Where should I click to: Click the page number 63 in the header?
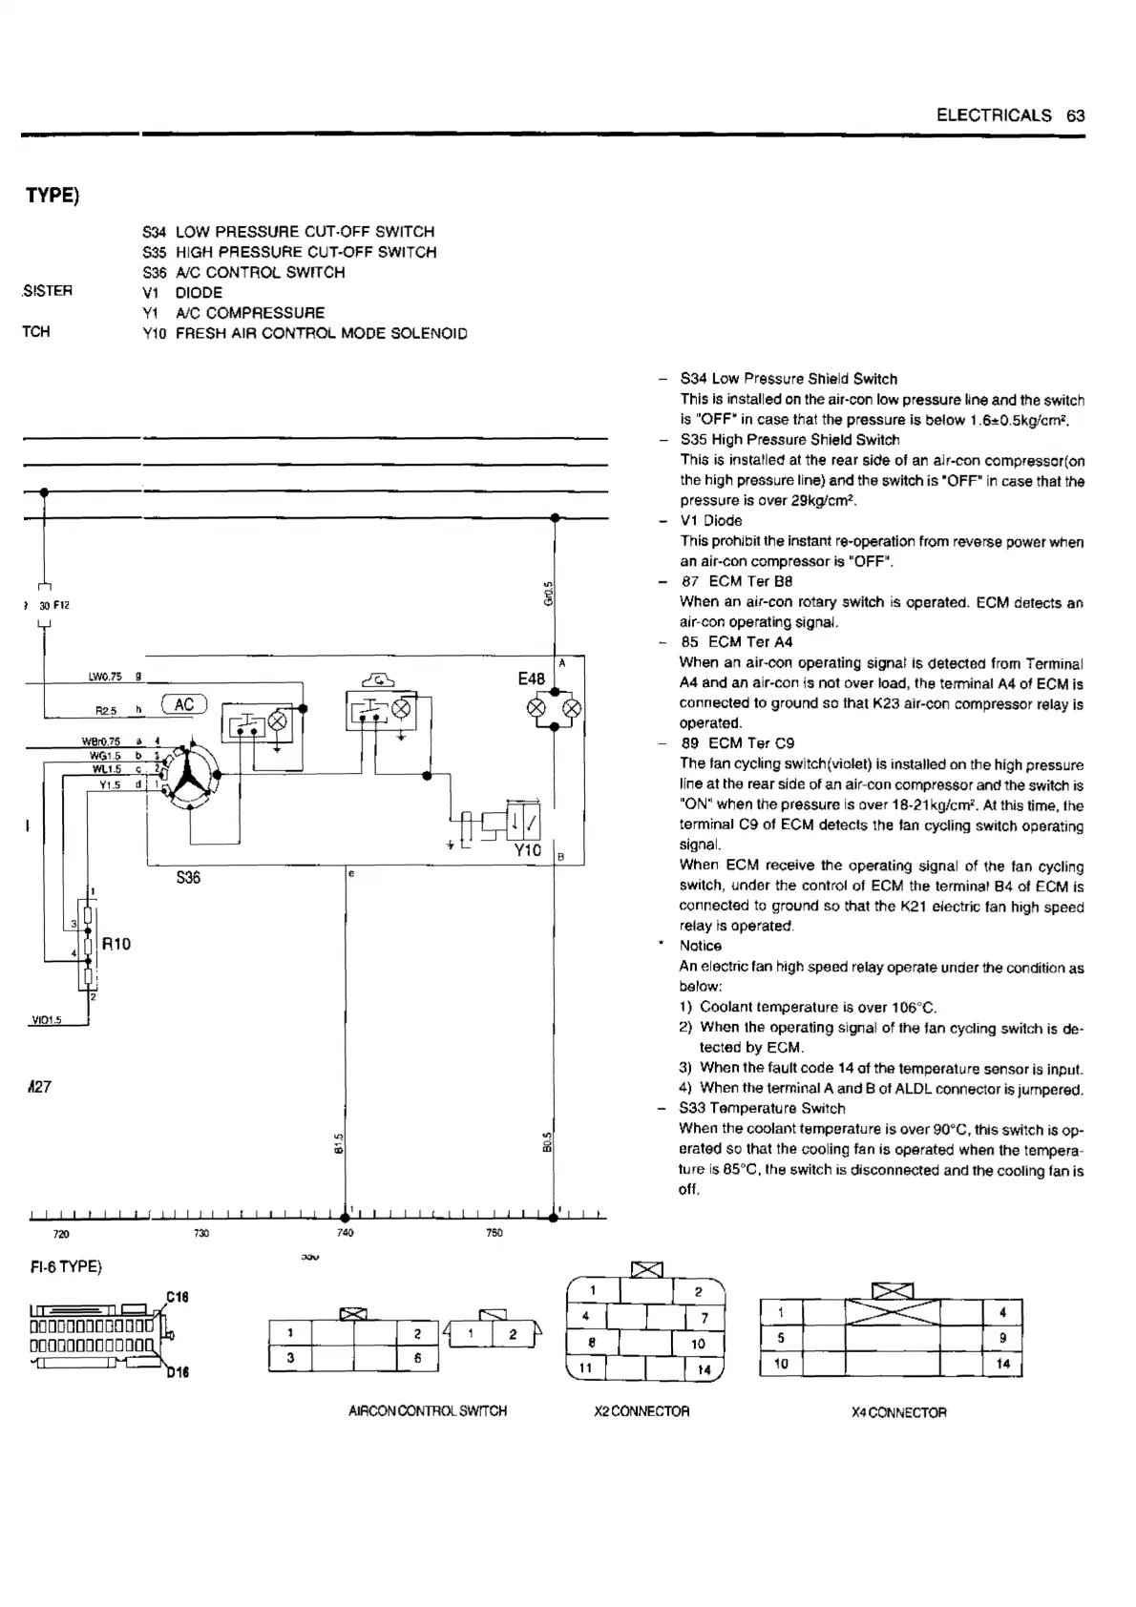1076,115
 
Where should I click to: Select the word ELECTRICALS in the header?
994,115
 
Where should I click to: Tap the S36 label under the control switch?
188,877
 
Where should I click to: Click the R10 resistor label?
116,944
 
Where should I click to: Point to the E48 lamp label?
531,678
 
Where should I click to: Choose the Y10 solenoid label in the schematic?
527,849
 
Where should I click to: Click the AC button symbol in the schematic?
184,704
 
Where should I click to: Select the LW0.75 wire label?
105,677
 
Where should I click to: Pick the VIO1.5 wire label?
46,1020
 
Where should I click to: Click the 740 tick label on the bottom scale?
346,1233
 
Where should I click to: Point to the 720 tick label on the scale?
61,1234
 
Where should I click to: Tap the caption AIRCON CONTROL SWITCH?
428,1410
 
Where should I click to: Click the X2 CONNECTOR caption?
642,1410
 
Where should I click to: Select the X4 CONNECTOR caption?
898,1411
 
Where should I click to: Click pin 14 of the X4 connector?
1002,1364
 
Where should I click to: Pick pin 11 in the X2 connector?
587,1367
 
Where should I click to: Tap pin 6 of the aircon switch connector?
418,1358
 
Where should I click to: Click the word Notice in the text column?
700,946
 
